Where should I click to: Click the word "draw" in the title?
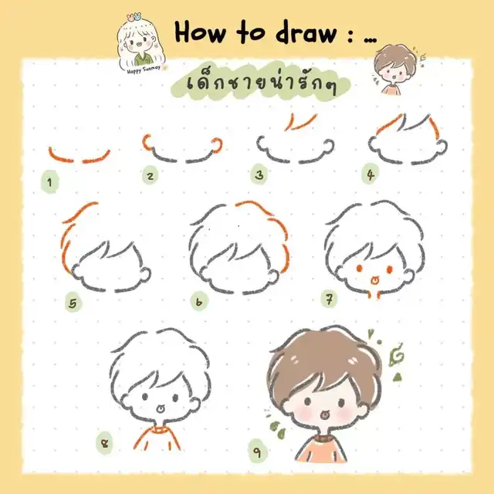306,32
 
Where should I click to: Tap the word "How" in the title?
200,32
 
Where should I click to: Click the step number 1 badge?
49,181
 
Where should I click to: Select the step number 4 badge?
370,174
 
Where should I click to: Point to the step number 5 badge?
73,303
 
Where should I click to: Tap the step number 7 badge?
329,299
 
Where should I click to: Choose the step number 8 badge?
104,443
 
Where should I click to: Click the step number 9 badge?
258,452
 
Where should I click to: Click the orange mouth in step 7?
374,279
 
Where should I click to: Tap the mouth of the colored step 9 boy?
323,415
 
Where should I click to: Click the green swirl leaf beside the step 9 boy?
396,355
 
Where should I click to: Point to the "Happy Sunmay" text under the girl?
144,69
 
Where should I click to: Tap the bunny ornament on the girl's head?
134,16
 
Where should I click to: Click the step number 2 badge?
151,175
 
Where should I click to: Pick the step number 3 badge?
259,174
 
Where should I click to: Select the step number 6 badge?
199,302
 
